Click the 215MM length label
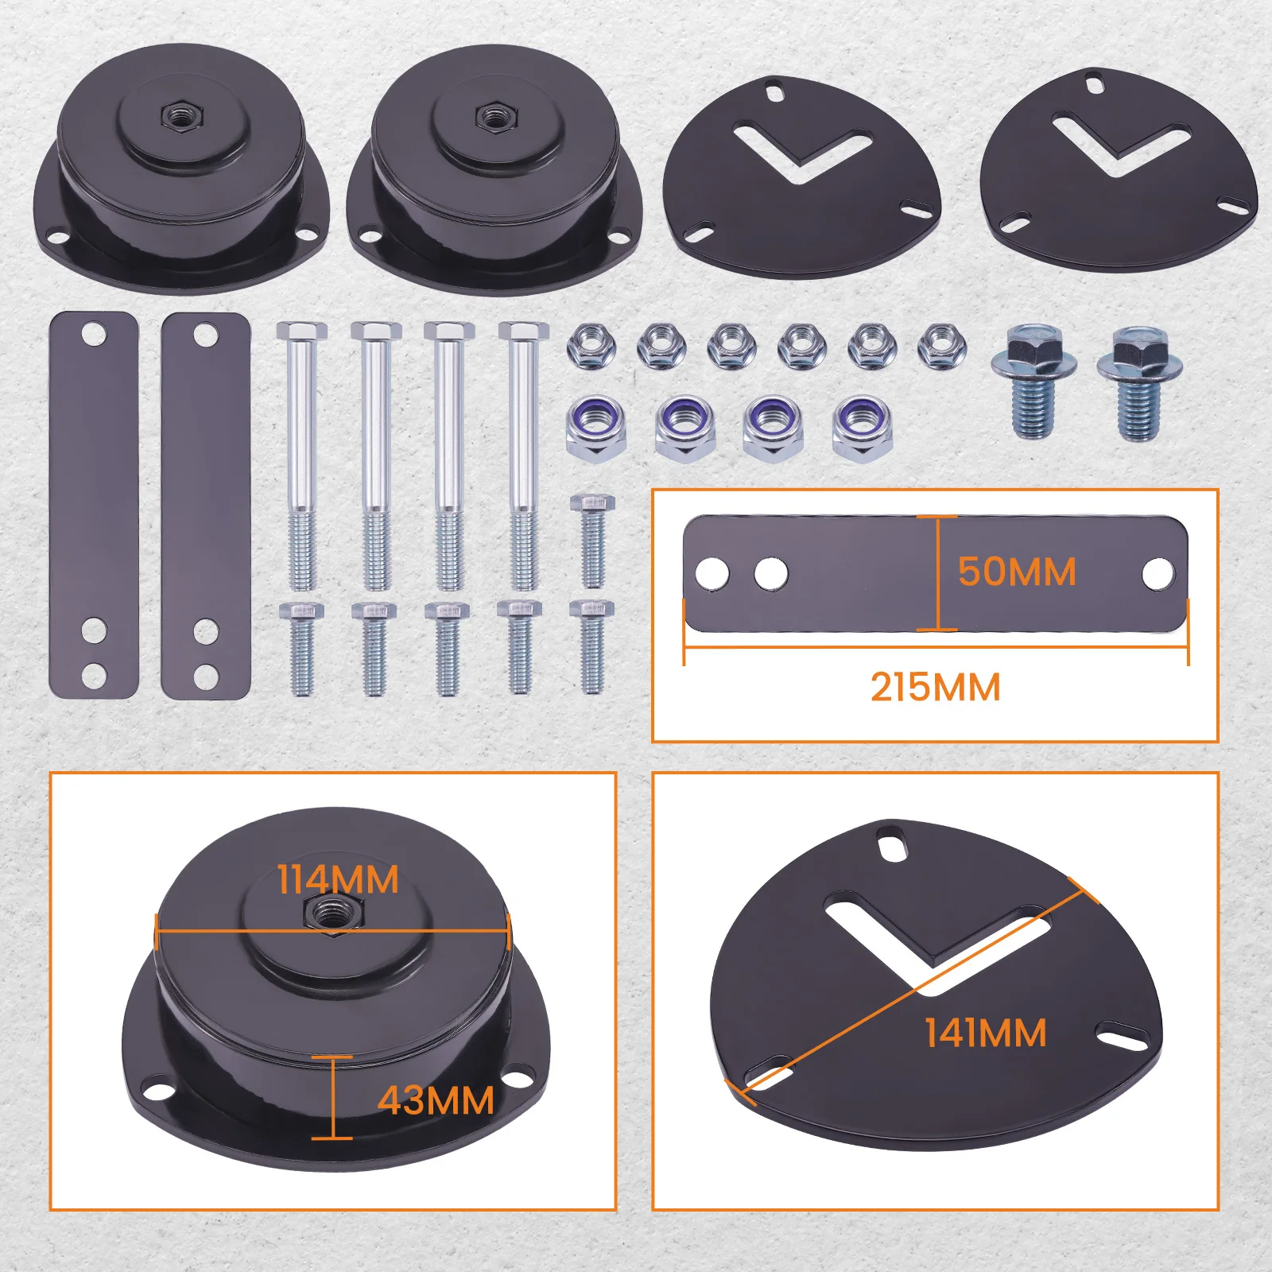click(x=935, y=688)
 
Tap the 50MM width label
click(x=1017, y=572)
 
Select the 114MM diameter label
click(x=338, y=880)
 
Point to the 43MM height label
click(x=436, y=1101)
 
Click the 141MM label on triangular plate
click(x=986, y=1033)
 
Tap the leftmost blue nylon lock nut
click(x=596, y=428)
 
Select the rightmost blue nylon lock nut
click(x=863, y=428)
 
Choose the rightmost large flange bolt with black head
click(x=1138, y=382)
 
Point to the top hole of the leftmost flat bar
click(x=93, y=332)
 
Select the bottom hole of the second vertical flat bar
click(x=206, y=677)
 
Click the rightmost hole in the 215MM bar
click(x=1158, y=573)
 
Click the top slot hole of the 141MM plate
click(x=893, y=843)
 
